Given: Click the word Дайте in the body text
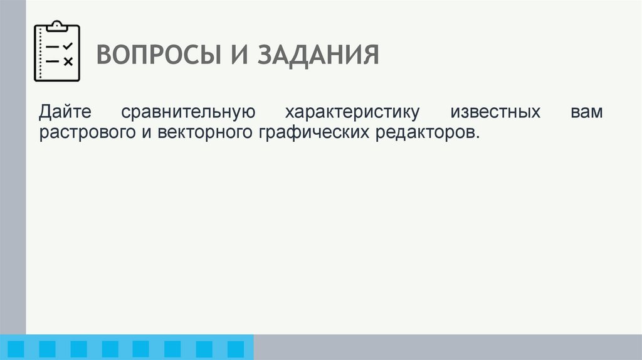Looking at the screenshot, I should [x=65, y=113].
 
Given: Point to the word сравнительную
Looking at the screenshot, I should [x=188, y=113].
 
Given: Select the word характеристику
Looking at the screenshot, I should [x=352, y=113].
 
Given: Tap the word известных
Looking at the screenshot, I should [x=495, y=113].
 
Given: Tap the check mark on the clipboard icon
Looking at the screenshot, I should [x=68, y=46].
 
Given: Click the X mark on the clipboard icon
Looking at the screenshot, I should [x=68, y=61].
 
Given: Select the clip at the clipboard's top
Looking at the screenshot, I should [x=57, y=26].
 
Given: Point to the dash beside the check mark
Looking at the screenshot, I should [x=53, y=47].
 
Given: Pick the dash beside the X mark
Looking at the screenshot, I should [x=53, y=61].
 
